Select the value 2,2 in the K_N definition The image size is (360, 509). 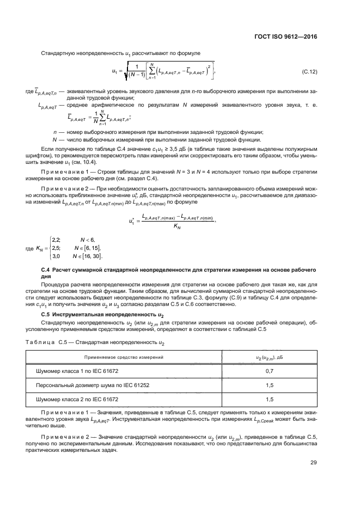click(56, 240)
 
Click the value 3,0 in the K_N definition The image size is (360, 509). click(56, 256)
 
